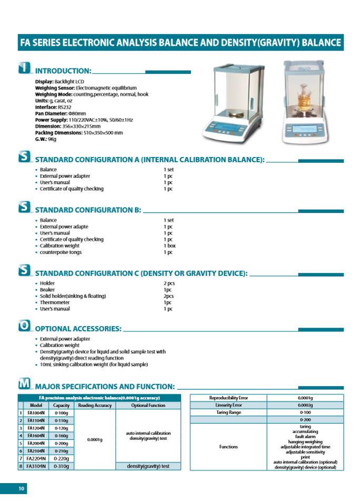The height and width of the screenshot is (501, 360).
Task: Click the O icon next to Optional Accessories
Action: (x=24, y=325)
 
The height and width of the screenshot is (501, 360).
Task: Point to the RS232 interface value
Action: (x=64, y=107)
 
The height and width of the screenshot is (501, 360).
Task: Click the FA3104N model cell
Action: (x=37, y=466)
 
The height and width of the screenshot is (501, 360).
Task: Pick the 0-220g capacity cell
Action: (x=62, y=459)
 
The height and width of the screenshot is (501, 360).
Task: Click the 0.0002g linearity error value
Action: (x=306, y=405)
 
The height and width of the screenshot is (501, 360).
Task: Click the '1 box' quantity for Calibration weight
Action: (x=169, y=246)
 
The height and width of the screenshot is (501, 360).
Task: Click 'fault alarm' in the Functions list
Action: (x=305, y=436)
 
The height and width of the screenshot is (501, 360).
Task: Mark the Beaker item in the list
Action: (x=47, y=290)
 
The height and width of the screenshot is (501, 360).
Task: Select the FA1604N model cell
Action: (x=37, y=436)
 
